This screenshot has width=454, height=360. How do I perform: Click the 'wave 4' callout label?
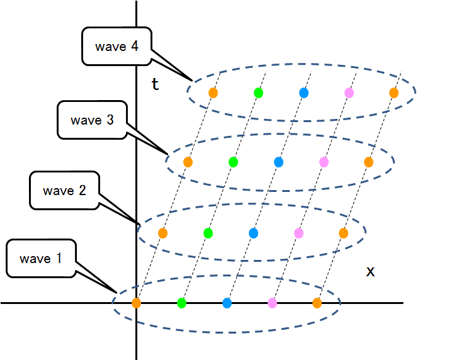tap(116, 47)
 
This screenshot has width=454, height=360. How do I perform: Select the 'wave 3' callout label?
tap(92, 120)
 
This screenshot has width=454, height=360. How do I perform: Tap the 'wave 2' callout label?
tap(64, 190)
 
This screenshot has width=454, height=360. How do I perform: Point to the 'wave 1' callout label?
tap(40, 258)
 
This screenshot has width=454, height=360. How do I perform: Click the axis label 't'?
tap(155, 84)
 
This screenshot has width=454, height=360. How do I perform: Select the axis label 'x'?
tap(370, 271)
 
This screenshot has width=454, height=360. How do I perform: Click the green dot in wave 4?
tap(258, 93)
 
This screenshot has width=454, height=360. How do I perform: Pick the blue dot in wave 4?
tap(304, 93)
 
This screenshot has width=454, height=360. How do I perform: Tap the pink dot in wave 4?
tap(349, 93)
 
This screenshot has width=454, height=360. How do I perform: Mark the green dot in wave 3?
tap(233, 162)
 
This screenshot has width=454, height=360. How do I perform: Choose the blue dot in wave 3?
tap(278, 162)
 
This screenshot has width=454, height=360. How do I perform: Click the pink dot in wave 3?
tap(324, 162)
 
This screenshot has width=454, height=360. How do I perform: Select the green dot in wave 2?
tap(208, 233)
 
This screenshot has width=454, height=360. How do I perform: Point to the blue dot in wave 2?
tap(253, 233)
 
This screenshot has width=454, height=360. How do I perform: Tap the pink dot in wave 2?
tap(298, 233)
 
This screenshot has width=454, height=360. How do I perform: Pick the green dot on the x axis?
tap(182, 303)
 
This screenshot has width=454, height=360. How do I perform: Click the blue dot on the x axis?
tap(227, 303)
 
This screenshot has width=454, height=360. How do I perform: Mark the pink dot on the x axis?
tap(272, 303)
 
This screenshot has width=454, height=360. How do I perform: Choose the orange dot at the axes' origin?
tap(137, 303)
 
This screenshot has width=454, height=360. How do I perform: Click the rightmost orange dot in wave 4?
tap(394, 93)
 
